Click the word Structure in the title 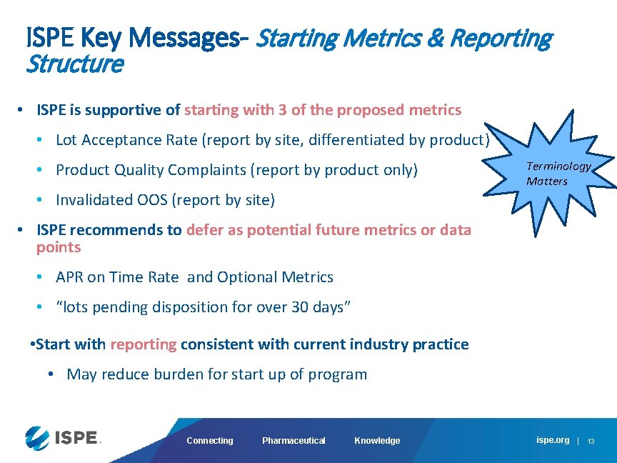click(74, 64)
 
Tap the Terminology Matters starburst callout click(558, 174)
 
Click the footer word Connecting click(209, 441)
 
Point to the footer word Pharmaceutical click(294, 441)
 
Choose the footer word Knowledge click(377, 441)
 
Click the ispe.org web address click(553, 440)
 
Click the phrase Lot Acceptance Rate click(127, 140)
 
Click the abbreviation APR click(69, 277)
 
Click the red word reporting click(143, 344)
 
